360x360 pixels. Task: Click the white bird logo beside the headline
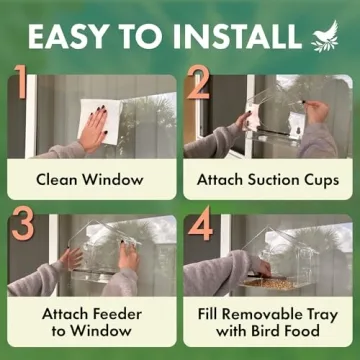(326, 37)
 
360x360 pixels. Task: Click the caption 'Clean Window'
(89, 180)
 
